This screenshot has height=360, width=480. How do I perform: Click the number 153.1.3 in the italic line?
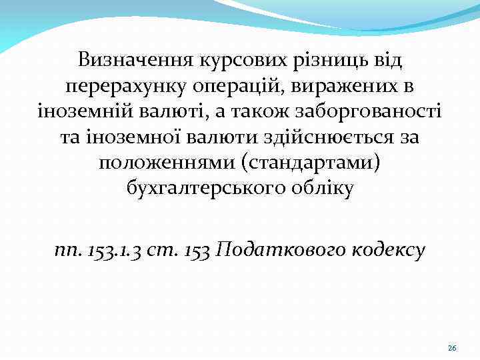[x=117, y=250]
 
